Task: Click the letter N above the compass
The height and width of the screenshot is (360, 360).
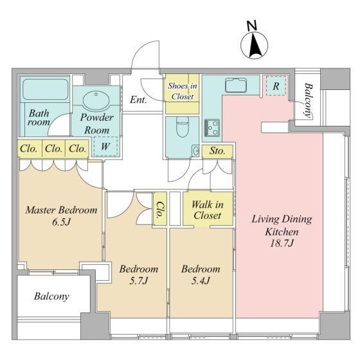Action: click(x=252, y=26)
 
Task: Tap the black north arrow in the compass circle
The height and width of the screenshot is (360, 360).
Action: click(x=255, y=46)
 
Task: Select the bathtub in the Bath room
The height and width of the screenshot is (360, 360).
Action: click(x=46, y=89)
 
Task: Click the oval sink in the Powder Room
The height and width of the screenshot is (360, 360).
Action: click(x=96, y=100)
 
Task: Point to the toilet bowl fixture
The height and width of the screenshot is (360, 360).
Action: click(x=183, y=127)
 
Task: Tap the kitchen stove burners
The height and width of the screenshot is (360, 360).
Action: click(x=212, y=128)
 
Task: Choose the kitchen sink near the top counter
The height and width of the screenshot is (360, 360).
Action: click(x=236, y=85)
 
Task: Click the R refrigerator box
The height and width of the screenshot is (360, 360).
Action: click(x=276, y=86)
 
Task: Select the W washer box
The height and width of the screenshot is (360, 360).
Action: click(x=105, y=147)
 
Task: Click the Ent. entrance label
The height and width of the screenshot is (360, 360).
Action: click(x=138, y=100)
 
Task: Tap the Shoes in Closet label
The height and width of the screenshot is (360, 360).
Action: click(x=183, y=91)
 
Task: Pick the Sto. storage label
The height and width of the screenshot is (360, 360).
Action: click(x=217, y=151)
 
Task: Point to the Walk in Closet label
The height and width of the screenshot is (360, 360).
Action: click(x=208, y=210)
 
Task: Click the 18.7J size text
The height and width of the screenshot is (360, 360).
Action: click(x=282, y=243)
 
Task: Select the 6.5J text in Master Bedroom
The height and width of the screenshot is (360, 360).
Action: click(x=61, y=222)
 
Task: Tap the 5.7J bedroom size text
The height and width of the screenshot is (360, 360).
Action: click(x=138, y=280)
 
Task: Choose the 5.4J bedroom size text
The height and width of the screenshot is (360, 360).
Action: click(x=201, y=280)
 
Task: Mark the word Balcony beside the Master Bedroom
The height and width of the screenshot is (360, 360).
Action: click(x=51, y=296)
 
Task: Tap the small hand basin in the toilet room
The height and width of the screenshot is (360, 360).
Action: click(x=196, y=151)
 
